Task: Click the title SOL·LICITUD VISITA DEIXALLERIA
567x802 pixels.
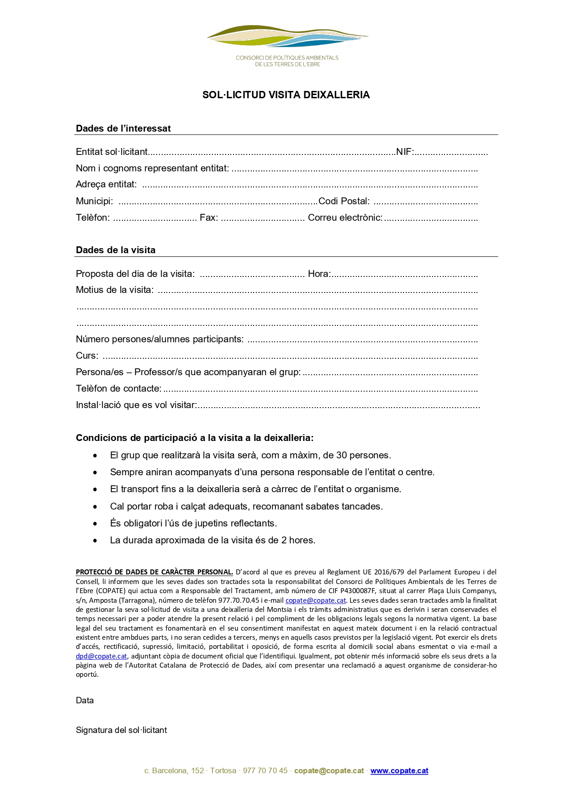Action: [x=286, y=95]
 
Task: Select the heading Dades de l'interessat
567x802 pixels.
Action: [x=123, y=128]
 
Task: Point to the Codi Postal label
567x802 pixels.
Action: [x=344, y=201]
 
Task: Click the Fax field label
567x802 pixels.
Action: [x=208, y=218]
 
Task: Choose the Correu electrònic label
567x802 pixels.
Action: [x=345, y=218]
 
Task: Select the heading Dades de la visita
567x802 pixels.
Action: [x=116, y=250]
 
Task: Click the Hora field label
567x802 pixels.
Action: [x=319, y=274]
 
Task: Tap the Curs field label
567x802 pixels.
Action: [x=87, y=356]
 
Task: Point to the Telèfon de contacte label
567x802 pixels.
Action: [x=118, y=388]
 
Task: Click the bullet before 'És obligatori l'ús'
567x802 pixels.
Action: [x=95, y=524]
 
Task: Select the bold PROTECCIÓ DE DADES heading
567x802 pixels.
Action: [x=154, y=572]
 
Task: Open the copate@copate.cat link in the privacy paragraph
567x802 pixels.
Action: [x=316, y=600]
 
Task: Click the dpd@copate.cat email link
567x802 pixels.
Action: [x=101, y=656]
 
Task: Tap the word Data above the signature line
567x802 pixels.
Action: [x=85, y=701]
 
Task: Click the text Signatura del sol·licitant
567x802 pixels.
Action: [x=121, y=730]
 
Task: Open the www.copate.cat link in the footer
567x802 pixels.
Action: [x=399, y=771]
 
